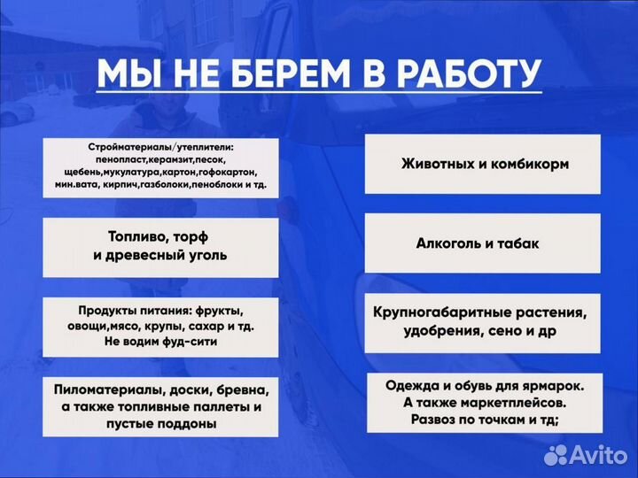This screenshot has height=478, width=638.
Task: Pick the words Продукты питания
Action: (130, 311)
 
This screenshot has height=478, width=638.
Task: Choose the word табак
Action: (517, 243)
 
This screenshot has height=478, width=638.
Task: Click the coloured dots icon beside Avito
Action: (556, 454)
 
